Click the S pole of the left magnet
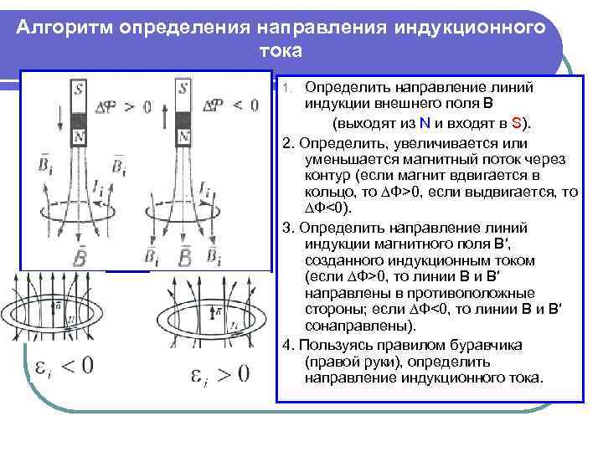pyautogui.click(x=78, y=90)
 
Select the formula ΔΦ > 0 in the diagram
pyautogui.click(x=123, y=105)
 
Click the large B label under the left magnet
pyautogui.click(x=79, y=256)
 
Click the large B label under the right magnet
pyautogui.click(x=186, y=254)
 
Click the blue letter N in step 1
pyautogui.click(x=426, y=123)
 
